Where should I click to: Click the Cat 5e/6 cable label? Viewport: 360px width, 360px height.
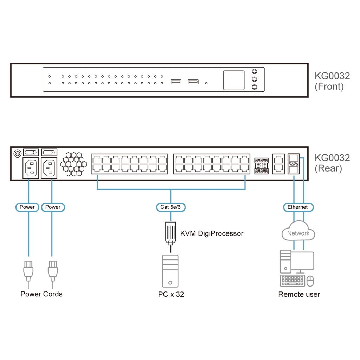(171, 207)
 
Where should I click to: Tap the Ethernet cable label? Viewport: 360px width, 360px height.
(297, 207)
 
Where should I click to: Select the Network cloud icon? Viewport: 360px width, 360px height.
(298, 232)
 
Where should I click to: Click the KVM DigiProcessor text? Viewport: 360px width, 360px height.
(212, 233)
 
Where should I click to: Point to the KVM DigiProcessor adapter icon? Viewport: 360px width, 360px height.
(171, 232)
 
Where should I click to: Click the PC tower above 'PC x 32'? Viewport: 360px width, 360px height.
(170, 271)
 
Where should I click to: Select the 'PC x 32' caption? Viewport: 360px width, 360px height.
(171, 294)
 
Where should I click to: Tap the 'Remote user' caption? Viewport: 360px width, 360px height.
(299, 294)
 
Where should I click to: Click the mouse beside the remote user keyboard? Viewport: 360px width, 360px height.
(310, 281)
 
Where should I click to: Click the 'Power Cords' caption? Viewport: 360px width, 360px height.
(41, 294)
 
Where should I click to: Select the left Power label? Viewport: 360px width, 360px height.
(27, 207)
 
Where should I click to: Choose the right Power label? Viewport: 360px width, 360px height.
(53, 207)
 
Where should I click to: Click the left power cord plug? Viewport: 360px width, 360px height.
(28, 270)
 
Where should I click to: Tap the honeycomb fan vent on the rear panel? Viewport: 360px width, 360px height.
(74, 163)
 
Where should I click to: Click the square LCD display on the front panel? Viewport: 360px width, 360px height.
(233, 80)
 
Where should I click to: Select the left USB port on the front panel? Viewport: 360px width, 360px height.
(176, 82)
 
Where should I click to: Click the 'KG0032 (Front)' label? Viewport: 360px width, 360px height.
(332, 81)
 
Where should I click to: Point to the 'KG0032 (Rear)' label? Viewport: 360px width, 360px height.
(332, 162)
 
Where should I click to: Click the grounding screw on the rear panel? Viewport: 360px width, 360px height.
(17, 153)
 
